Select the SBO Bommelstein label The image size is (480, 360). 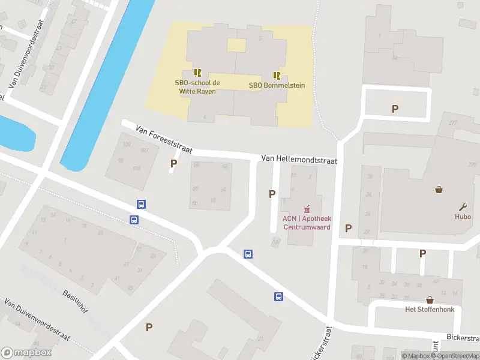277,85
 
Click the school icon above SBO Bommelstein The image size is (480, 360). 277,75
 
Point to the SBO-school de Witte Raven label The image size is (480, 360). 197,87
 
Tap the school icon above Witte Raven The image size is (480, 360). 197,73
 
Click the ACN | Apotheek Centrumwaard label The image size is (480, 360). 307,223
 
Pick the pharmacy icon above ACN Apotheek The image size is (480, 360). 307,209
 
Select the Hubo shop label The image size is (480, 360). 463,217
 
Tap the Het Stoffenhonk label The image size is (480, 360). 430,310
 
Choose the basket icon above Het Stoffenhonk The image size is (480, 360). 430,299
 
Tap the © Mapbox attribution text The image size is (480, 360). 416,356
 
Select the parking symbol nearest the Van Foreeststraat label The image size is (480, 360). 174,163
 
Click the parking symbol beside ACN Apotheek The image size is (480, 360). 272,194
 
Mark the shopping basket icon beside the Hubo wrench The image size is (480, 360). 439,190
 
